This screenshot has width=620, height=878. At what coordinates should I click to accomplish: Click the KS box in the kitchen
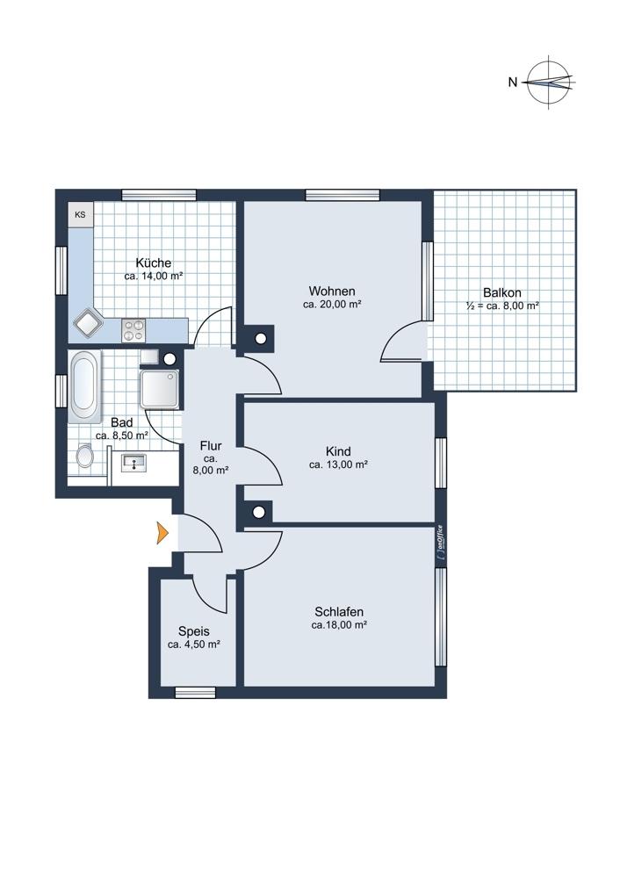pos(81,214)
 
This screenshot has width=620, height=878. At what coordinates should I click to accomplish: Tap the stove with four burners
pos(133,330)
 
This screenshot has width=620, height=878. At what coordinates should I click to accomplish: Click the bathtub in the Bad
pos(84,386)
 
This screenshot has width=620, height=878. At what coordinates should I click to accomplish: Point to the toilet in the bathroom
pos(84,455)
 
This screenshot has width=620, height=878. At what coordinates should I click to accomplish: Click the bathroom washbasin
pos(133,463)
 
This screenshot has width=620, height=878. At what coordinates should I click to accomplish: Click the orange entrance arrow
pos(162,532)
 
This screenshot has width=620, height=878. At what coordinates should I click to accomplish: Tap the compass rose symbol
pos(551,83)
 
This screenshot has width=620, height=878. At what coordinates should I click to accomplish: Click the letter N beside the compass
pos(513,83)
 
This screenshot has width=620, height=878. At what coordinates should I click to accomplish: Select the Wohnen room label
pos(332,291)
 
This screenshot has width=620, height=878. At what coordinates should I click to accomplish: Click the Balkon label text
pos(502,292)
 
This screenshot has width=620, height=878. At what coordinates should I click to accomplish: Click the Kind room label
pos(338,451)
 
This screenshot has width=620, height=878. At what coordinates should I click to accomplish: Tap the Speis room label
pos(194,631)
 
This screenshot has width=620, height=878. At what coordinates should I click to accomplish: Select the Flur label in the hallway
pos(211,446)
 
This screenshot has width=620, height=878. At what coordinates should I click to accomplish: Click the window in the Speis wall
pos(195,693)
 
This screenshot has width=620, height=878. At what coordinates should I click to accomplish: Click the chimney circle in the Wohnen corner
pos(261,338)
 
